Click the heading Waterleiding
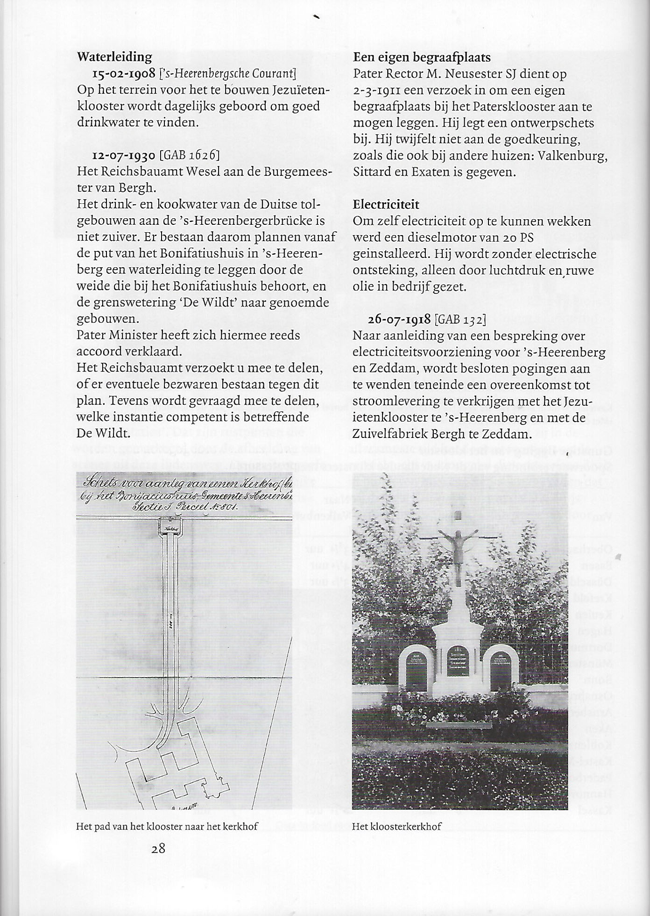click(114, 57)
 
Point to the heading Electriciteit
click(386, 205)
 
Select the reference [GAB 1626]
click(190, 155)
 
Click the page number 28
click(158, 848)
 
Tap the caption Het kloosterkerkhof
click(396, 826)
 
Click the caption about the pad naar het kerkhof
click(167, 826)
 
